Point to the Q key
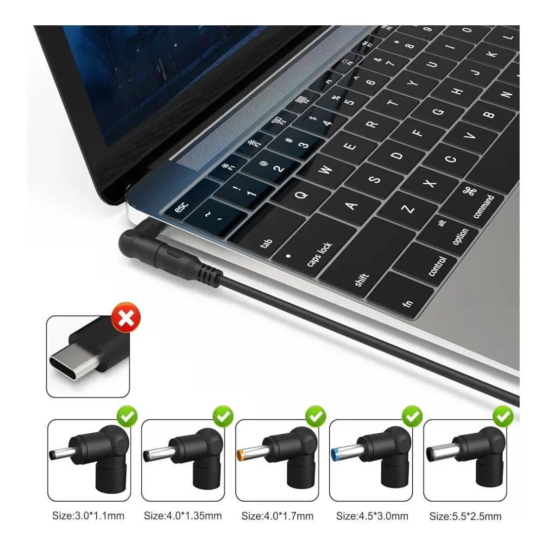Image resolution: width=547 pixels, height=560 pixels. pos(302,192)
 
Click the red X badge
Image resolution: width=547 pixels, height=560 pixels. pos(126,318)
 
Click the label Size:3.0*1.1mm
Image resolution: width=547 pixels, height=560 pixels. pos(88,516)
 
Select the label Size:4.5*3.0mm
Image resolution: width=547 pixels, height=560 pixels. pos(372,516)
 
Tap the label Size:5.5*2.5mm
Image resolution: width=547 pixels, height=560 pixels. pos(465,516)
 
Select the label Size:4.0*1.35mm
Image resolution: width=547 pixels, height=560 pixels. pos(183,516)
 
